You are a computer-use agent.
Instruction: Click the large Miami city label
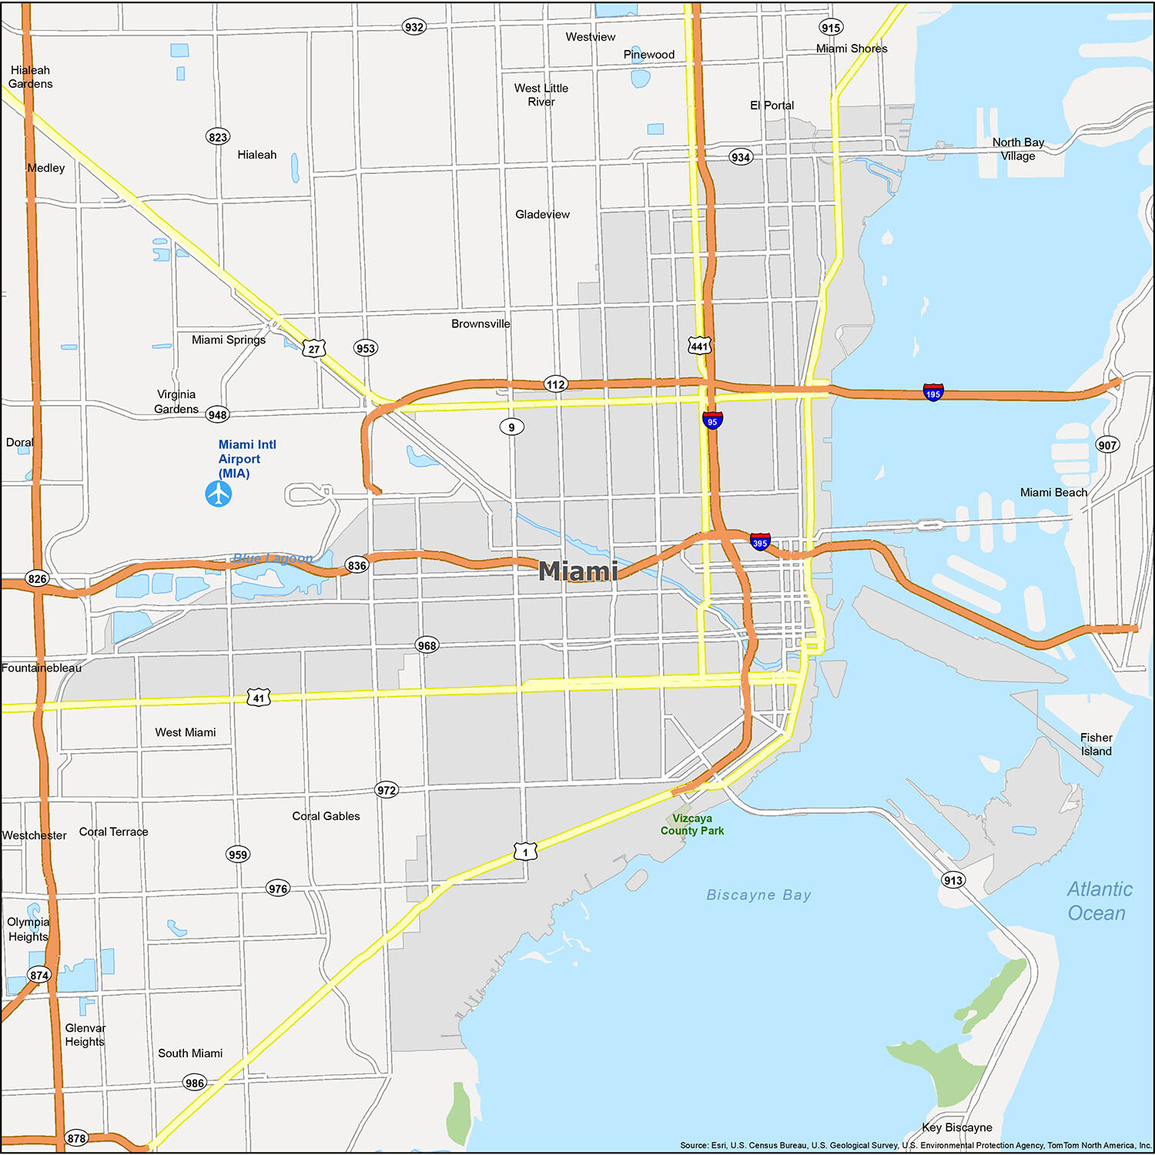(x=577, y=571)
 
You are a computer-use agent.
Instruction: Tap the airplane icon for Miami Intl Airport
(x=219, y=494)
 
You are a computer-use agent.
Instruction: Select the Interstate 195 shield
(x=933, y=393)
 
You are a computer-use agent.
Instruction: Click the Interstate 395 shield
(x=760, y=541)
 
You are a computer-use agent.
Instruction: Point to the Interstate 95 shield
(x=712, y=420)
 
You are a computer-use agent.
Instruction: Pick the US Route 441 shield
(x=699, y=346)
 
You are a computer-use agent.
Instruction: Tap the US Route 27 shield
(x=313, y=349)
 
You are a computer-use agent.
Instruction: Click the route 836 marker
(x=357, y=565)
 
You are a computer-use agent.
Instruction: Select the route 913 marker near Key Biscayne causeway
(x=953, y=880)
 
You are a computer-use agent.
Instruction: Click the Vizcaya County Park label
(x=692, y=825)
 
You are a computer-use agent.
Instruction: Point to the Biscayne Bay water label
(x=758, y=895)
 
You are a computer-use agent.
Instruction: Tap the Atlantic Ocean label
(x=1098, y=901)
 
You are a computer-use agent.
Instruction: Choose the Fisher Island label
(x=1096, y=745)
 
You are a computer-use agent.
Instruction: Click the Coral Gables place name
(x=326, y=816)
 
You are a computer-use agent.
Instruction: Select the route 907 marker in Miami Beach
(x=1107, y=445)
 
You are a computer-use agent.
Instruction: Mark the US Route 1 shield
(x=525, y=852)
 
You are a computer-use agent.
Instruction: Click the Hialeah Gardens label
(x=31, y=77)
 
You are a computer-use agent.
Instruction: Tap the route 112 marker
(x=556, y=384)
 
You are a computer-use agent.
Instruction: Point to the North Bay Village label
(x=1018, y=149)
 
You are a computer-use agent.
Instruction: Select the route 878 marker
(x=76, y=1138)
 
